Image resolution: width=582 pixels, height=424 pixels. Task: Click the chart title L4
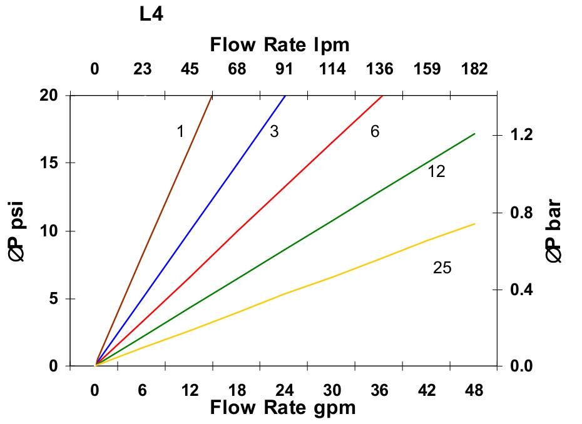click(151, 14)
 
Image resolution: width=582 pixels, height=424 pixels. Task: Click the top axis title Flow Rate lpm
click(279, 45)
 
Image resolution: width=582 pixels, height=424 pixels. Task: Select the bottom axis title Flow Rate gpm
click(282, 408)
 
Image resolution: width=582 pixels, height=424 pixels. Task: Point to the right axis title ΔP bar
click(553, 231)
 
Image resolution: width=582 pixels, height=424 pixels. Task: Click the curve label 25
click(442, 268)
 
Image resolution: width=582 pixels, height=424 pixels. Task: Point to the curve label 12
click(436, 171)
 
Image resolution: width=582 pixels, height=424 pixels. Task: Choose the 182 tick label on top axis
click(474, 69)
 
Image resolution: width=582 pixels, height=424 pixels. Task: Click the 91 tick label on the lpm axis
click(284, 69)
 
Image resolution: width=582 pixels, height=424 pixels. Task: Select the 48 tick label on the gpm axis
click(474, 390)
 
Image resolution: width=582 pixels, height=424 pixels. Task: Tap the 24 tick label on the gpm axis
click(284, 390)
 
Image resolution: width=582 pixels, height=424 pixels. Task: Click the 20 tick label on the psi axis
click(49, 95)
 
